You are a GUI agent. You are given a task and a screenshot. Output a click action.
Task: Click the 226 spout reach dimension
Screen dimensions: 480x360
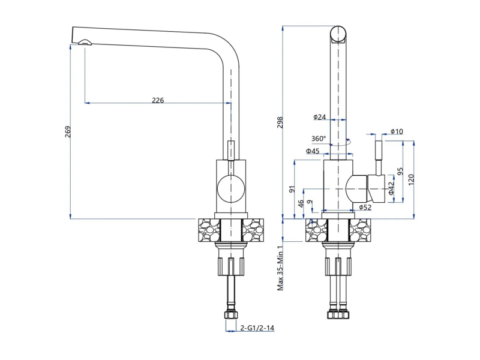[x=158, y=100]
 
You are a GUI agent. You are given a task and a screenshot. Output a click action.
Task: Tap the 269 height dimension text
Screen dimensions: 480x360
[x=68, y=131]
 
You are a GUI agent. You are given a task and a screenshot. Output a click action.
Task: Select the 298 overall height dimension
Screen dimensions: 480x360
[x=280, y=122]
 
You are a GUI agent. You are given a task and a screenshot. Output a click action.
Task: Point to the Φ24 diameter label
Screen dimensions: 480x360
[x=319, y=116]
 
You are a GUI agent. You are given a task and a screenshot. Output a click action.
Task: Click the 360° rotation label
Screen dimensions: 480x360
[x=319, y=139]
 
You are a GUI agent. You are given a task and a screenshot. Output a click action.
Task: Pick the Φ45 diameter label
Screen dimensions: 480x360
[x=313, y=151]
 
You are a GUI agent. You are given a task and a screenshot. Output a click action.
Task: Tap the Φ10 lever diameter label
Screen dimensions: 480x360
[x=397, y=131]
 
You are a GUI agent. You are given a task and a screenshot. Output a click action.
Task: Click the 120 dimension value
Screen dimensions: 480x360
[x=411, y=179]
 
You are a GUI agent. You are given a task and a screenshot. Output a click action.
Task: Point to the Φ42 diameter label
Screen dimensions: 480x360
[x=391, y=188]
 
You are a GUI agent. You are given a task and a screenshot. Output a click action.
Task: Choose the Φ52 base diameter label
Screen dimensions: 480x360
[x=365, y=207]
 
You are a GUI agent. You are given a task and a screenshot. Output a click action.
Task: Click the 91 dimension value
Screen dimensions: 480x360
[x=292, y=189]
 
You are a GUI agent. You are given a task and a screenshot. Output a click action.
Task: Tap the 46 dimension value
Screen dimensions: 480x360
[x=301, y=203]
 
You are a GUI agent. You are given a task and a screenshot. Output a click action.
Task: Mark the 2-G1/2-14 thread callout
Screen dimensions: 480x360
[x=257, y=328]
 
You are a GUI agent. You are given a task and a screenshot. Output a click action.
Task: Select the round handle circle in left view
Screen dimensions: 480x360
[x=231, y=188]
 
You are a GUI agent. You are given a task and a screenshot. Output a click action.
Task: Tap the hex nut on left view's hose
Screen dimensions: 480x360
[x=231, y=315]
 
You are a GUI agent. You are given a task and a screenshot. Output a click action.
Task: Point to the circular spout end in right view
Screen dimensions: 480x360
[x=338, y=34]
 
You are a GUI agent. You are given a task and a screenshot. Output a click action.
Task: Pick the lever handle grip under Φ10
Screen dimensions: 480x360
[x=379, y=150]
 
